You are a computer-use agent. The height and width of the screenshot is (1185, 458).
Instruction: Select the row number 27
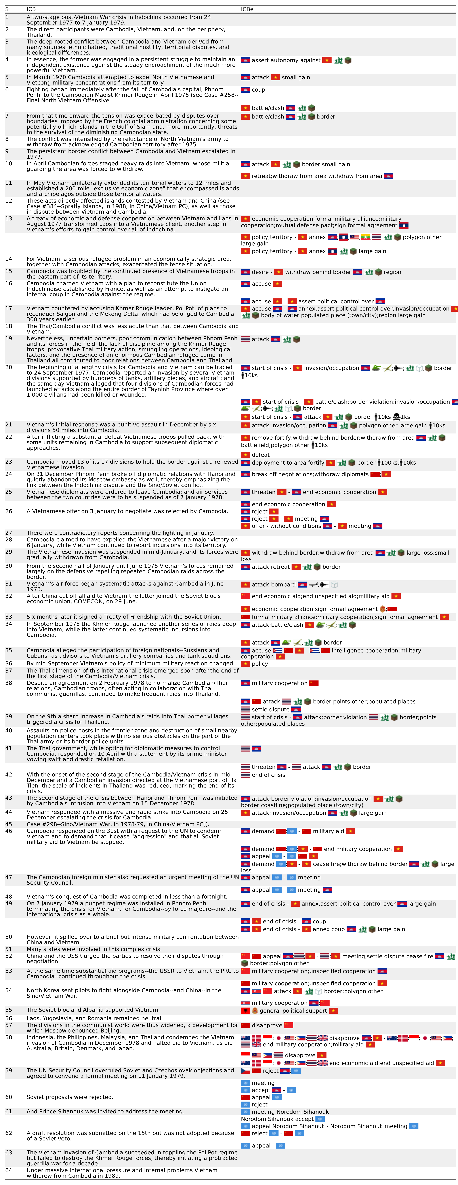point(8,533)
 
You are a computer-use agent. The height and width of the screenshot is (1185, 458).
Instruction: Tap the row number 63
point(8,1152)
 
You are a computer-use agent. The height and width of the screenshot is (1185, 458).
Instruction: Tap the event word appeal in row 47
point(261,877)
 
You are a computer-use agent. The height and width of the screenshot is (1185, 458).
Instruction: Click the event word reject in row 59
point(271,1070)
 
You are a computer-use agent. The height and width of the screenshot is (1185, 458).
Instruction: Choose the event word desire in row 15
point(260,272)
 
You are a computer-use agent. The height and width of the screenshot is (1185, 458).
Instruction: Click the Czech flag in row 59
point(245,1070)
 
